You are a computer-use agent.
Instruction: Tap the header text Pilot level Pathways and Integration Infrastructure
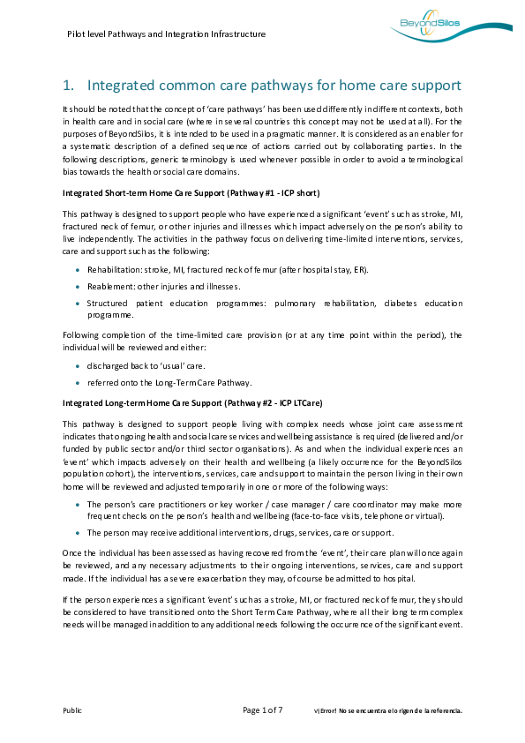[166, 34]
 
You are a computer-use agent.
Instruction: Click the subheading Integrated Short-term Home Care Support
[141, 192]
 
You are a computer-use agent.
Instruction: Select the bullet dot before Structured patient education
[78, 303]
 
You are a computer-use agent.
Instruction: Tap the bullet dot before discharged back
[78, 365]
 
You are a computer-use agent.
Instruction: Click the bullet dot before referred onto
[78, 382]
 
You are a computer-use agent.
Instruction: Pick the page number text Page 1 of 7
[262, 709]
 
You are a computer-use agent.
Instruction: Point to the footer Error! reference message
[389, 710]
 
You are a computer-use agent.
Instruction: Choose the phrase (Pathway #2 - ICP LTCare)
[273, 402]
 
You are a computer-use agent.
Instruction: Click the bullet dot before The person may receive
[78, 532]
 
